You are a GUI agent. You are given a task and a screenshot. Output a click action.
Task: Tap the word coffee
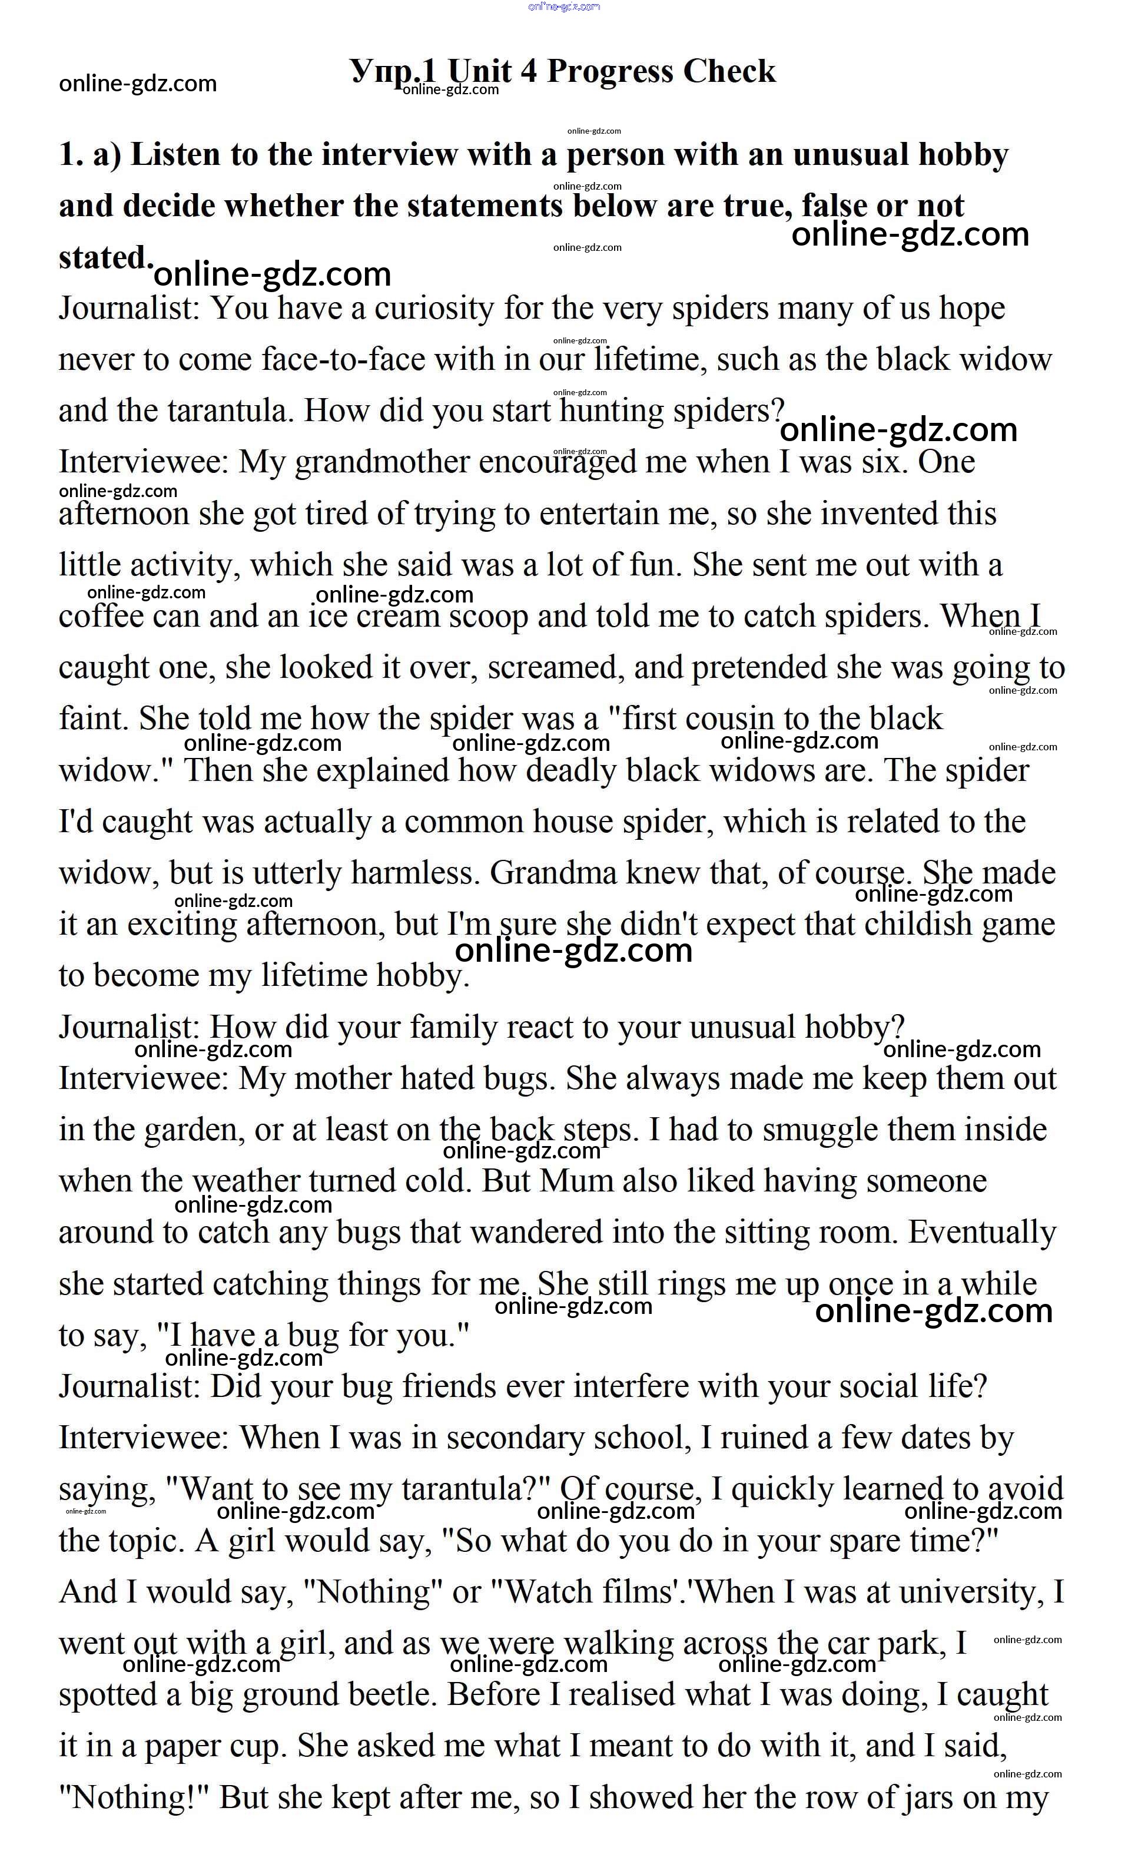pyautogui.click(x=101, y=617)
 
